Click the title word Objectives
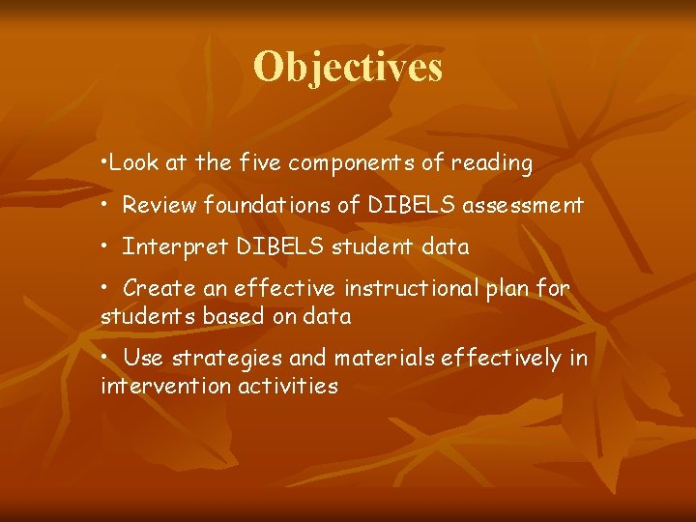348,68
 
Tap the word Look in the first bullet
130,163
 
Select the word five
259,163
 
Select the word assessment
523,205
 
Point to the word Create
158,288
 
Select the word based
219,316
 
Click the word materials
384,359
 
